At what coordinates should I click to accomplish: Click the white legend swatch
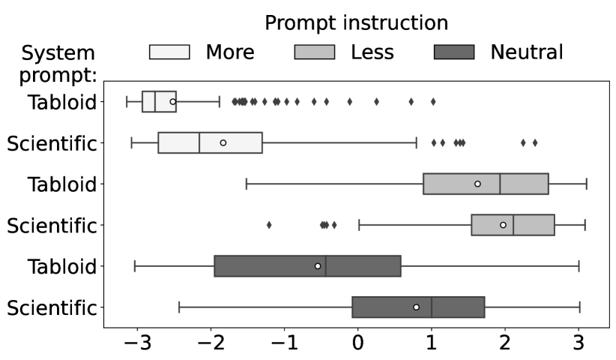169,52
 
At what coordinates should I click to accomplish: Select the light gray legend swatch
314,52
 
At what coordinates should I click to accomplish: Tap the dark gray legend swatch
454,52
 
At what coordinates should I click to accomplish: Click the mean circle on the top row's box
172,101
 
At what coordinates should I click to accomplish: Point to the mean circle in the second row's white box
223,142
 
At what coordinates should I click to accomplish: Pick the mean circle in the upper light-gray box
477,184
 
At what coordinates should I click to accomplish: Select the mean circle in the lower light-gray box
503,225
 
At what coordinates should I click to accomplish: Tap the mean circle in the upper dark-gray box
318,266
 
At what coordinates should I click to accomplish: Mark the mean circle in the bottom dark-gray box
416,307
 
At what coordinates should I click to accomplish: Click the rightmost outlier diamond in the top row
433,101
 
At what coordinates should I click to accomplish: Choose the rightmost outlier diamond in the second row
535,142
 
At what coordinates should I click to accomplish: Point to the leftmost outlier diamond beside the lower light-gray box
269,225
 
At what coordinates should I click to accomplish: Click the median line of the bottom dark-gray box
432,307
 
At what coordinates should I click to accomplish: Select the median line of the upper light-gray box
500,184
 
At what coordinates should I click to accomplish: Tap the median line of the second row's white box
199,142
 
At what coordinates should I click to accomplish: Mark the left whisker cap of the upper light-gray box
247,184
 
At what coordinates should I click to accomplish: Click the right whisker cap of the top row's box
219,101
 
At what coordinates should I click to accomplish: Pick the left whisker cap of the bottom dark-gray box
179,307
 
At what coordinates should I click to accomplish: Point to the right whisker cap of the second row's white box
416,142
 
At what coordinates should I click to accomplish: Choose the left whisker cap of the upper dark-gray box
135,266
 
